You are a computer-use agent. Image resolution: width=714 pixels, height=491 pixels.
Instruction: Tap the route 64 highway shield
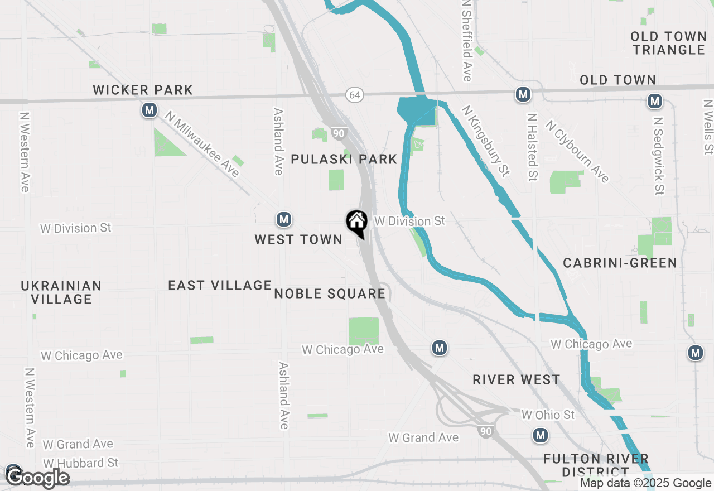coord(355,95)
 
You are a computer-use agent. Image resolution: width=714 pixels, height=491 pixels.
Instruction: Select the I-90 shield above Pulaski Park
coord(338,133)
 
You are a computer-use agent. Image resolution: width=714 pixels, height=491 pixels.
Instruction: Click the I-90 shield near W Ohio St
coord(485,431)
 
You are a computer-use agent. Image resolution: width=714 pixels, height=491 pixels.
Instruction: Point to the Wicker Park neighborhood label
coord(143,90)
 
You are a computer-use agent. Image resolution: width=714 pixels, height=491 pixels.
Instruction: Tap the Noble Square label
coord(330,293)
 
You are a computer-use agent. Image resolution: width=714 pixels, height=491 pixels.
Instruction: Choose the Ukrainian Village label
coord(61,292)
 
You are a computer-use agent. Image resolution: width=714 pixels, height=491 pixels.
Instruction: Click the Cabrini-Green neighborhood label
coord(620,263)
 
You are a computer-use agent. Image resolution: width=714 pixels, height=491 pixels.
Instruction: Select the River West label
coord(516,379)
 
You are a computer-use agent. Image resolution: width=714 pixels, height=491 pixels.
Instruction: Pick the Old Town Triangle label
coord(669,43)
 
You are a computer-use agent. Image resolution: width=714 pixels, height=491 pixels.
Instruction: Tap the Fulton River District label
coord(596,465)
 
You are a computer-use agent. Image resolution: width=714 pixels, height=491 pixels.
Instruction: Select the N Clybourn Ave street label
coord(577,151)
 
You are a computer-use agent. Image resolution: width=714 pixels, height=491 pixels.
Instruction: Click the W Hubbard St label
coord(81,463)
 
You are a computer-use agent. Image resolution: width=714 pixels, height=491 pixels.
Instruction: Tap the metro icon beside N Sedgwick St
coord(654,102)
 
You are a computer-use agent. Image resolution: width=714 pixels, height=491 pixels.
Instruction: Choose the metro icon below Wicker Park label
coord(149,110)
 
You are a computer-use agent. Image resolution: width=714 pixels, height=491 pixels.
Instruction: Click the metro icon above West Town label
coord(284,219)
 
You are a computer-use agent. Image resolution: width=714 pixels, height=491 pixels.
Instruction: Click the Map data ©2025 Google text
coord(645,483)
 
